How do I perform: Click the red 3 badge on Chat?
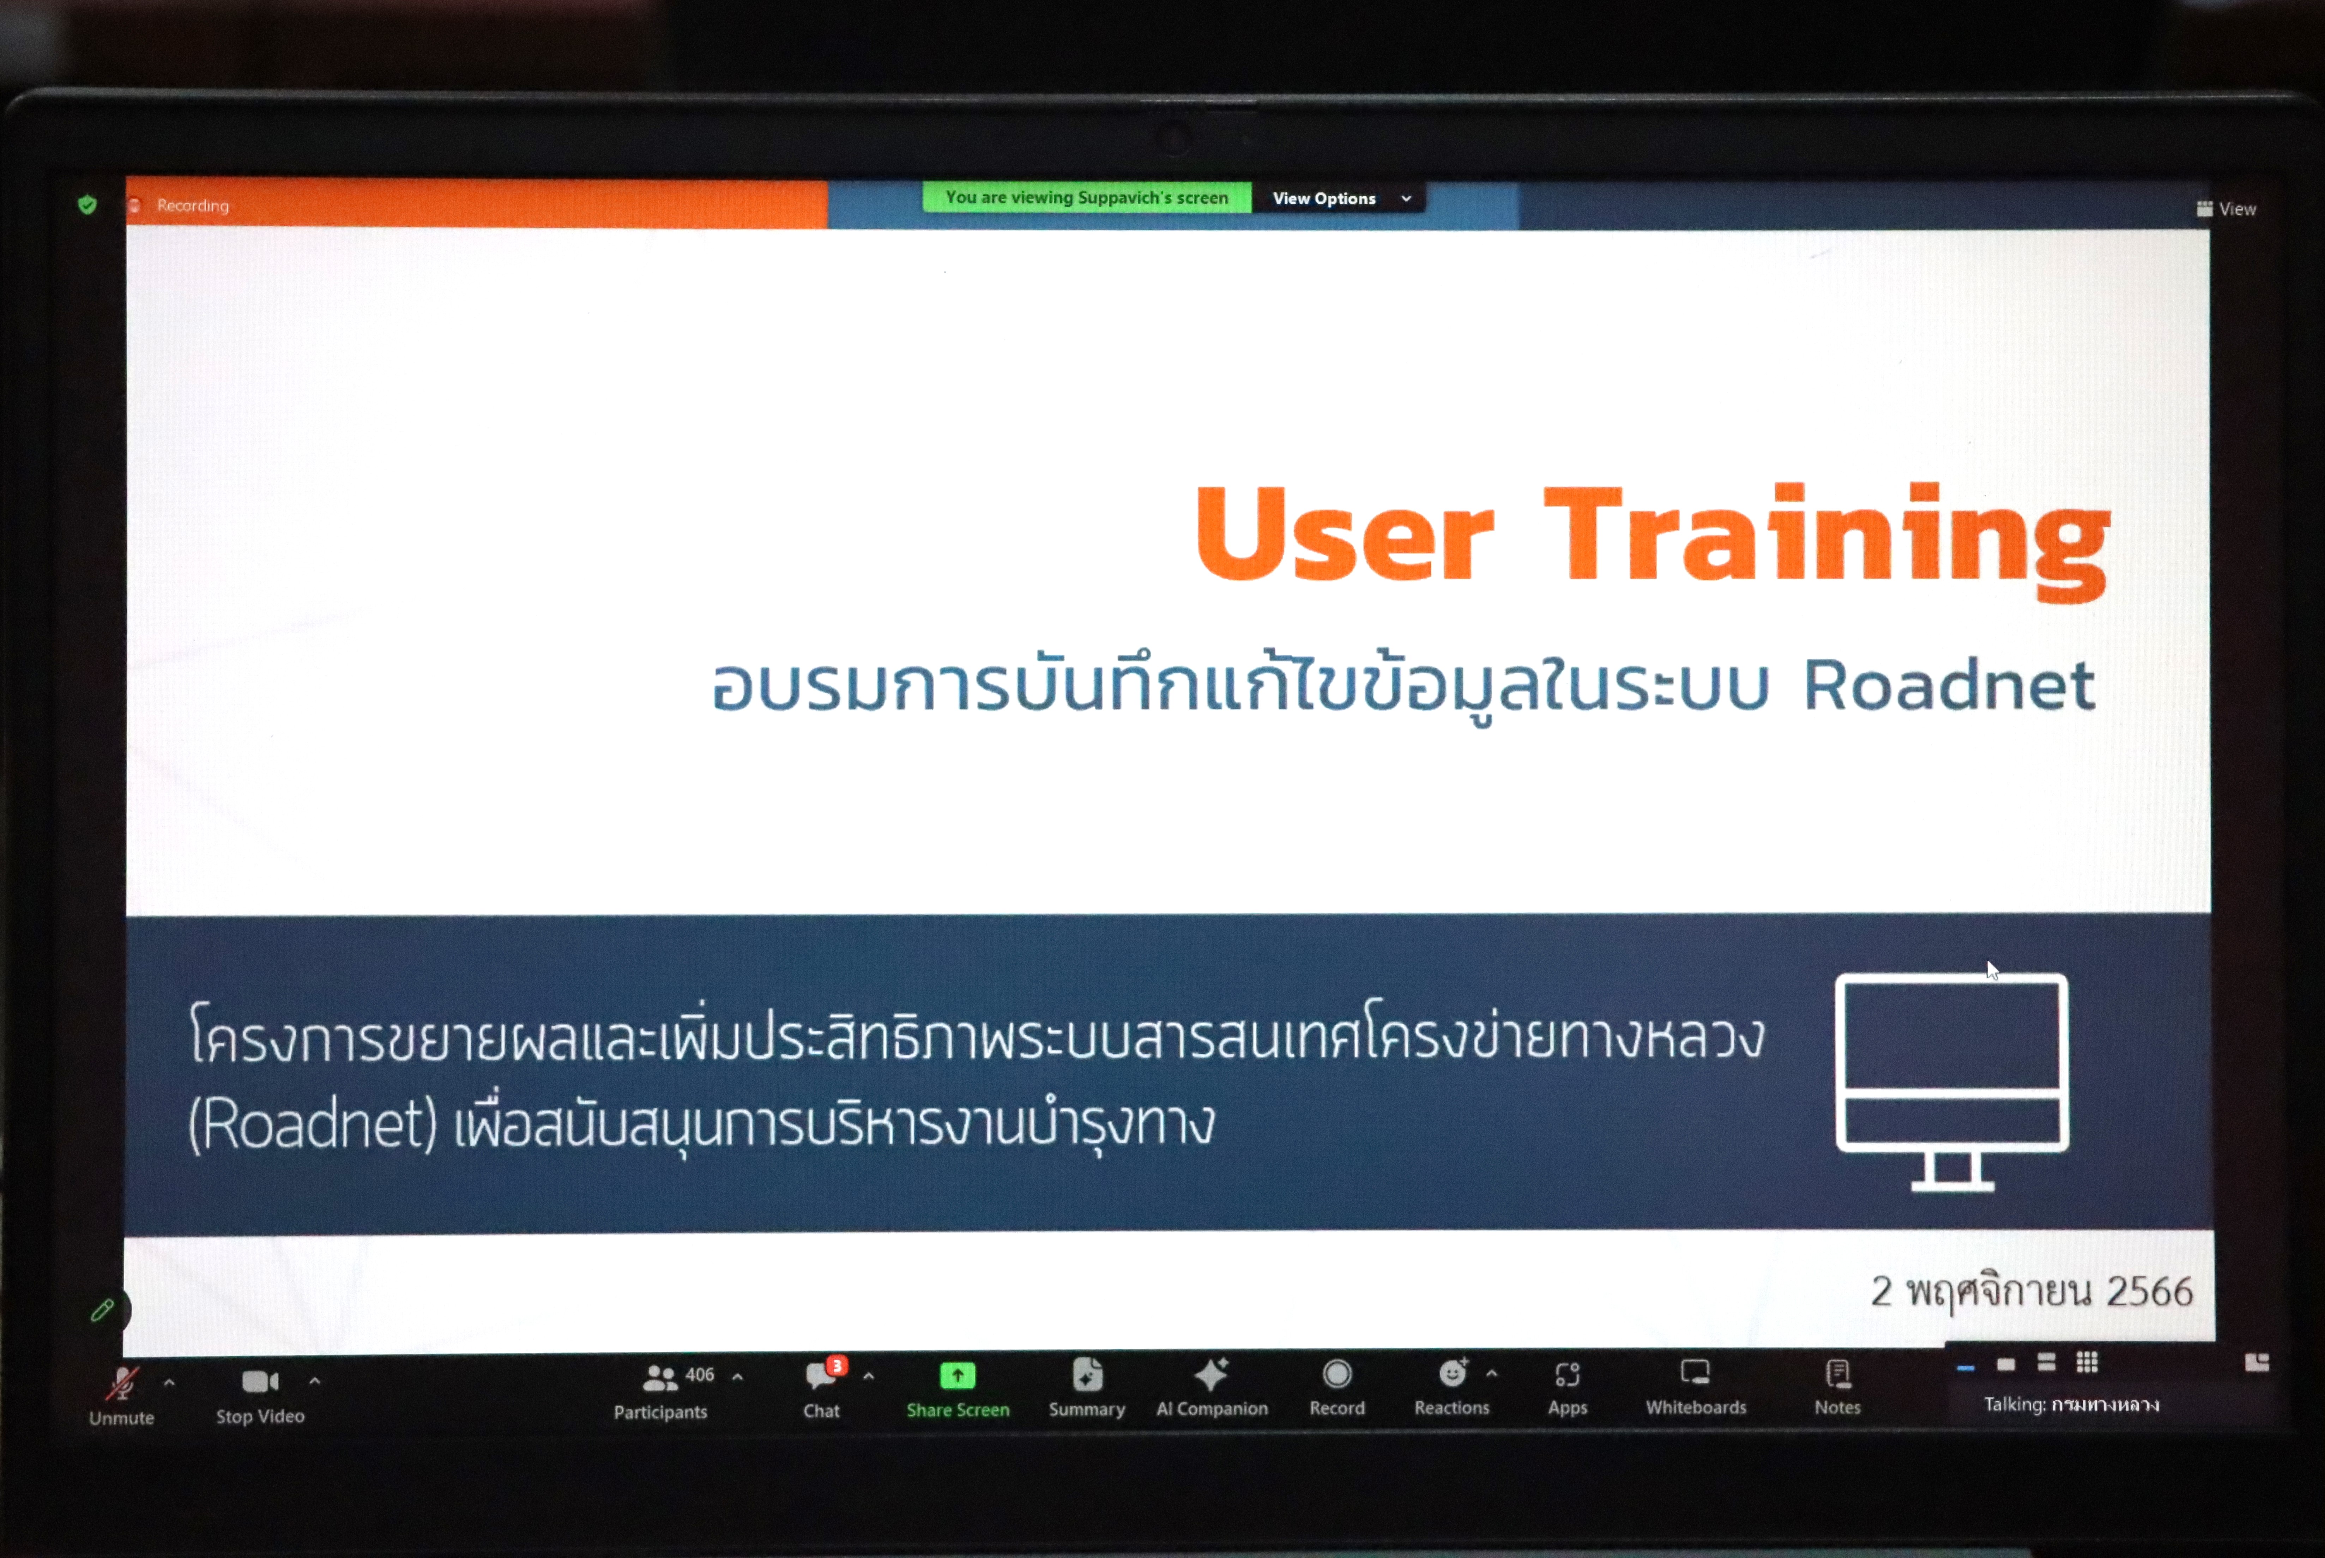pos(838,1365)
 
